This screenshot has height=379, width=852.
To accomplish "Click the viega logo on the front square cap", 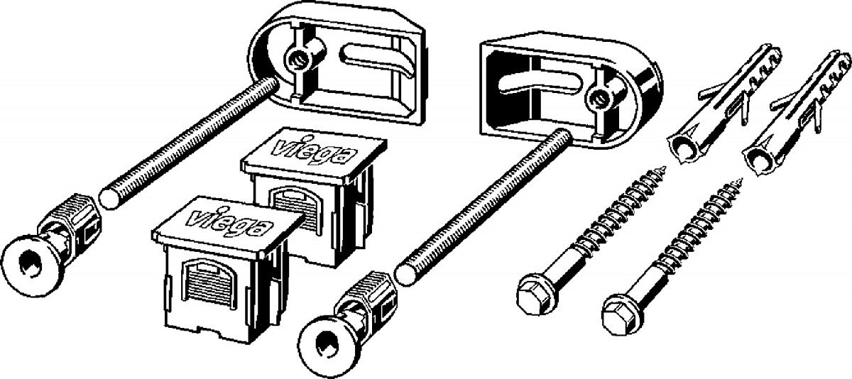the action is (230, 223).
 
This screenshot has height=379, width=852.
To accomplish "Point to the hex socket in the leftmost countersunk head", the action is (28, 264).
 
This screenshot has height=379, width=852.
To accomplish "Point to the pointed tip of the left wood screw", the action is (664, 167).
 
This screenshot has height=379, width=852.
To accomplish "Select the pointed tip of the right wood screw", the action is (740, 180).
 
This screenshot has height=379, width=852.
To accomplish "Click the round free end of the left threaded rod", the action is (110, 196).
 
